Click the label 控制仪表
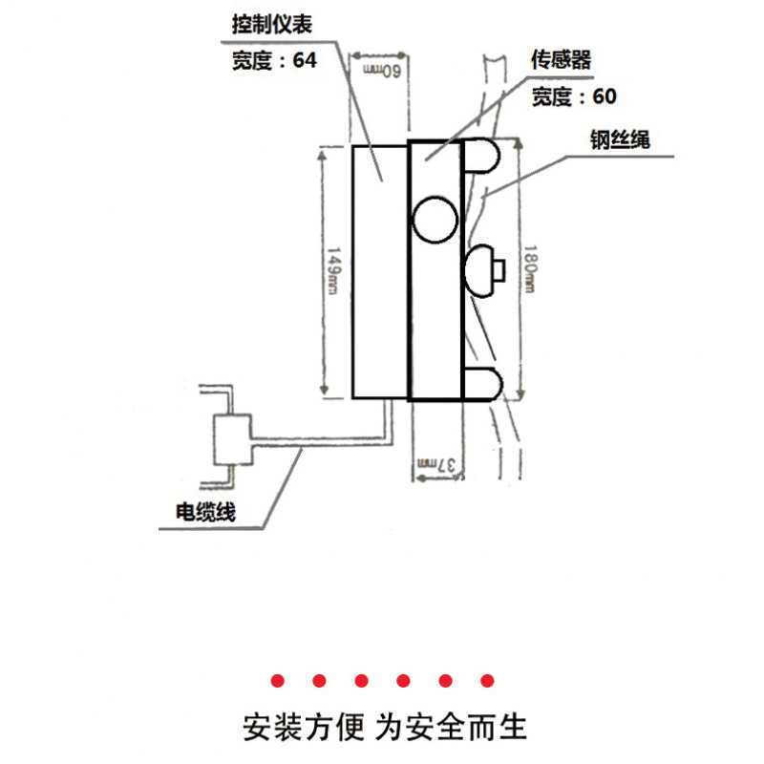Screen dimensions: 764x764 (x=271, y=24)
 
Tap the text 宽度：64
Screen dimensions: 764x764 (x=272, y=60)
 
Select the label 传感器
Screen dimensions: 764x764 (x=561, y=60)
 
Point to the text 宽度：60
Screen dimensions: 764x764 (x=574, y=96)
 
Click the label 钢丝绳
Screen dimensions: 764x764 (x=619, y=139)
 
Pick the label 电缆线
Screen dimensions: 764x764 (x=204, y=512)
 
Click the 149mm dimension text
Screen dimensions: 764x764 (x=333, y=272)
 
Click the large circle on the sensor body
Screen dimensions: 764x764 (x=435, y=218)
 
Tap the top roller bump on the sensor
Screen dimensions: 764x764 (x=482, y=157)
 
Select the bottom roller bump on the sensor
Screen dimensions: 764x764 (x=482, y=382)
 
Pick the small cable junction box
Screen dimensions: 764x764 (x=232, y=440)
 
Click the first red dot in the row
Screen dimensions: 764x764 (x=277, y=681)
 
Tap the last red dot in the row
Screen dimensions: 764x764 (x=488, y=681)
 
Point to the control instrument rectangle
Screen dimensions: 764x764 (x=379, y=271)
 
